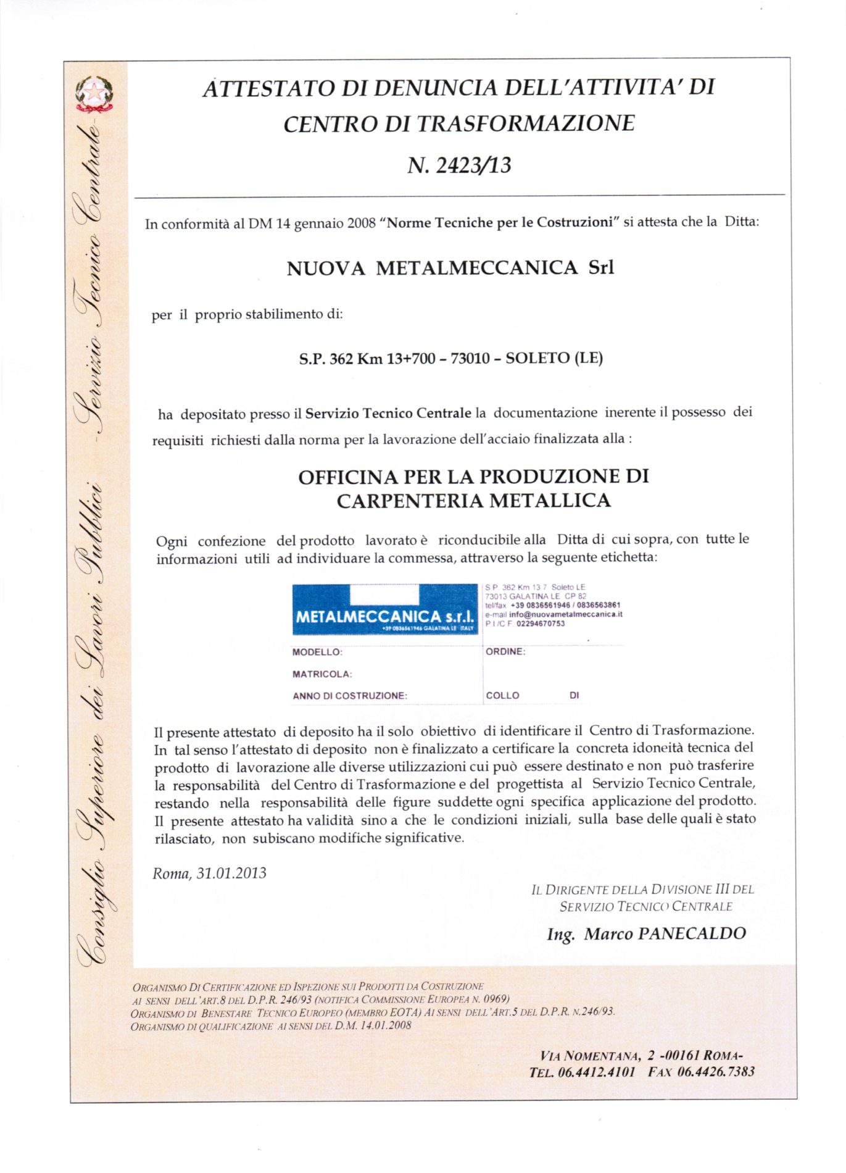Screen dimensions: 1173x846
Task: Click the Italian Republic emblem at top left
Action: (94, 94)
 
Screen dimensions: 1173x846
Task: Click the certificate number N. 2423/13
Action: (459, 165)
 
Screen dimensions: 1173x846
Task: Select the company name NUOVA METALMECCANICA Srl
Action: (450, 268)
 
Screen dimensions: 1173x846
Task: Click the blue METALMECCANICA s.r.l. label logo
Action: (385, 609)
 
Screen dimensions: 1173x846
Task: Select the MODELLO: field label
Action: (317, 652)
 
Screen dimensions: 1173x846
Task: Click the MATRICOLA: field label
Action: (322, 674)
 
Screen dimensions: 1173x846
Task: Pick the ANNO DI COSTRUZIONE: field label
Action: (350, 696)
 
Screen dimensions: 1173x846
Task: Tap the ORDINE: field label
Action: (505, 652)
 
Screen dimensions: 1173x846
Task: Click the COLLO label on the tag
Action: (502, 696)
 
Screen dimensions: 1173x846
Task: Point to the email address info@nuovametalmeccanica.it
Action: (565, 615)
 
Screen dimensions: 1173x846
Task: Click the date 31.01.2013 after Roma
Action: (231, 873)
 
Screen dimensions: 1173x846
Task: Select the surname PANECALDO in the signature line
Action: (692, 933)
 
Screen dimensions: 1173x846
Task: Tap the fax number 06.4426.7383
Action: (716, 1072)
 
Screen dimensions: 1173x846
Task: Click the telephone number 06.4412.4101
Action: (596, 1072)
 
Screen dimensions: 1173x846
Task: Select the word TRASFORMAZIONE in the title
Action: (525, 123)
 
